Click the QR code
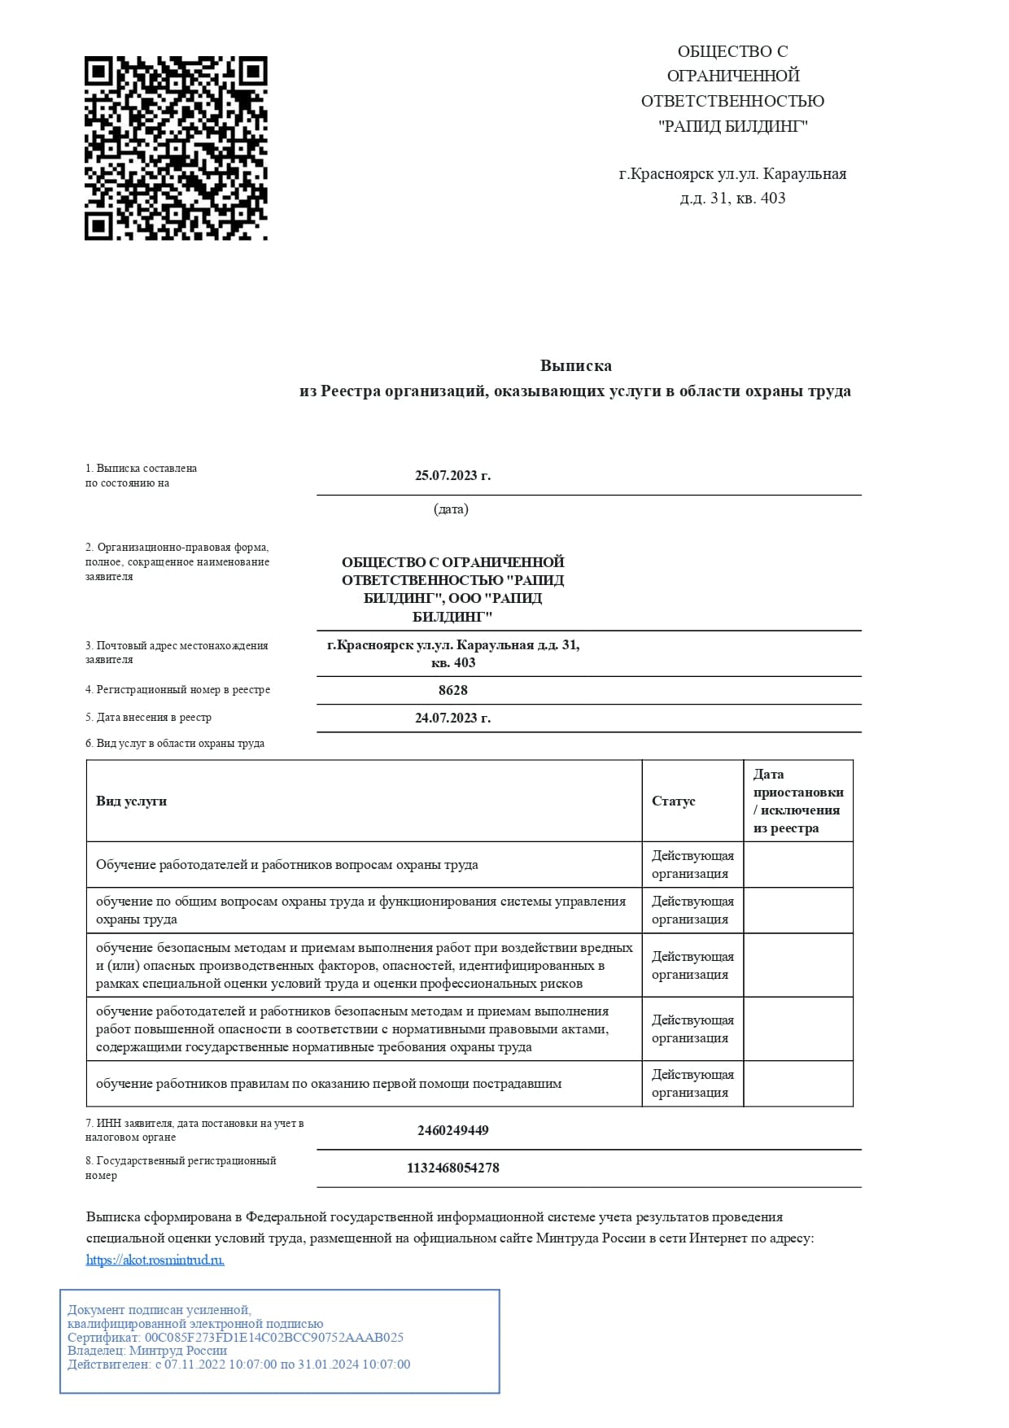(176, 148)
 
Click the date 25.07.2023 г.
(452, 475)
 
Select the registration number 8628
(452, 690)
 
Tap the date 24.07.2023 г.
(452, 718)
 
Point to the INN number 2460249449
(452, 1130)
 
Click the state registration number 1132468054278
(452, 1168)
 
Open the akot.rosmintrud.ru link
(155, 1260)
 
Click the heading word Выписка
(575, 365)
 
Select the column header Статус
(673, 801)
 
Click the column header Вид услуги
(131, 801)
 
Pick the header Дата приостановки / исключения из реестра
(797, 801)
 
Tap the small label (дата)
(451, 509)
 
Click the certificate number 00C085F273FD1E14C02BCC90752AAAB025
(273, 1338)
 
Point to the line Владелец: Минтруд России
(147, 1351)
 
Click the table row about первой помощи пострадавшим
(329, 1084)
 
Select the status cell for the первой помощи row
(692, 1084)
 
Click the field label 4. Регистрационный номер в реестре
(177, 690)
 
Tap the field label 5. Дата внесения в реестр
(148, 718)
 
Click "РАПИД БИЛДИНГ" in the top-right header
(732, 126)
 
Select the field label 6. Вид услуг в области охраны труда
(175, 743)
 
